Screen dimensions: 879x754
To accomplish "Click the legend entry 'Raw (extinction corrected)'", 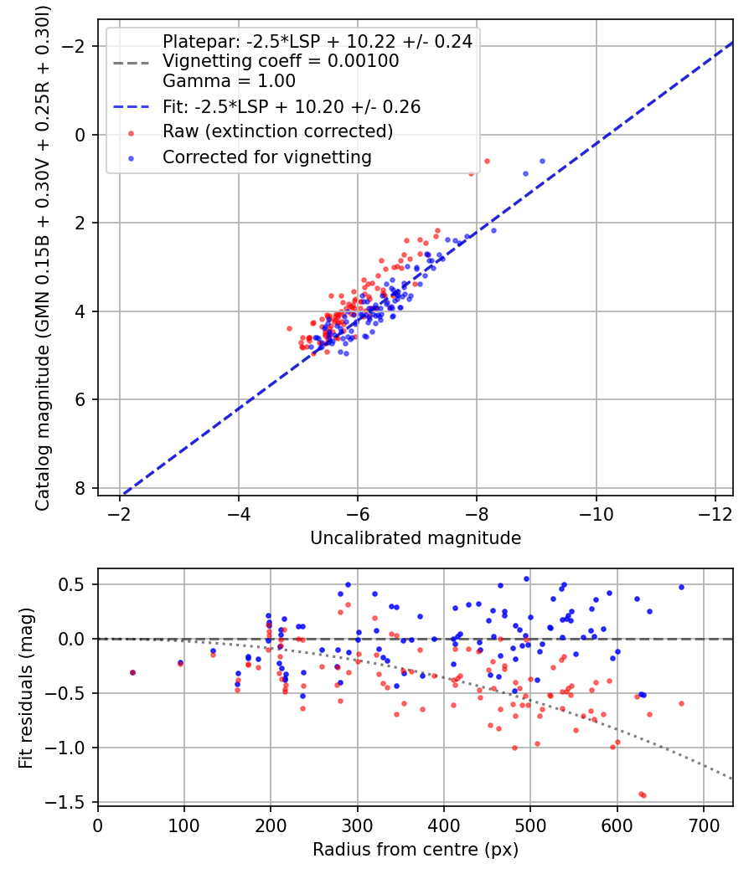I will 277,131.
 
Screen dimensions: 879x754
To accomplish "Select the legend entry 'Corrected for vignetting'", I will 266,157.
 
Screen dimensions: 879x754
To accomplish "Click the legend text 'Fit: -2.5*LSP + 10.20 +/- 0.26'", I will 292,106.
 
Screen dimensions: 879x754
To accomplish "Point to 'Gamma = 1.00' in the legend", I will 229,81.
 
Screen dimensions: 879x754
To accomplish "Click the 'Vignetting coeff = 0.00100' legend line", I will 281,61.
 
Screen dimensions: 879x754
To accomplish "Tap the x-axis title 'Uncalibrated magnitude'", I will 416,538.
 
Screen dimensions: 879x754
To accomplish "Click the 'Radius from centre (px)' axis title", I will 416,850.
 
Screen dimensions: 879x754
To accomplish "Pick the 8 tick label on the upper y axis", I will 80,488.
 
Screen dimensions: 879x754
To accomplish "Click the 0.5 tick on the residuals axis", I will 74,584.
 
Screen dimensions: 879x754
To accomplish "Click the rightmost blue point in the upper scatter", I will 542,161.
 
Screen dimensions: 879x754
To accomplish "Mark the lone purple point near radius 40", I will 132,672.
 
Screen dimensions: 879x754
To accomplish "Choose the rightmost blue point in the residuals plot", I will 681,587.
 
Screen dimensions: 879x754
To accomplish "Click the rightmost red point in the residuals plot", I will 681,703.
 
